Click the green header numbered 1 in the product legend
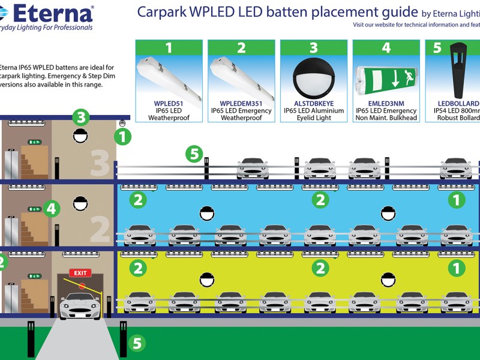click(169, 47)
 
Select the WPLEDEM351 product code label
click(241, 104)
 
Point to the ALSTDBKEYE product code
click(313, 104)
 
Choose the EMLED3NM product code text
click(386, 104)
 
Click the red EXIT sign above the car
click(80, 273)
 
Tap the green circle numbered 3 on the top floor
click(80, 117)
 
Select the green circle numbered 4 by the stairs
click(51, 209)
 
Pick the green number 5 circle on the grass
click(137, 343)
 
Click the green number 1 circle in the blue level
click(457, 200)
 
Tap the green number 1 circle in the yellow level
click(457, 268)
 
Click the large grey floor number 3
click(100, 163)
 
